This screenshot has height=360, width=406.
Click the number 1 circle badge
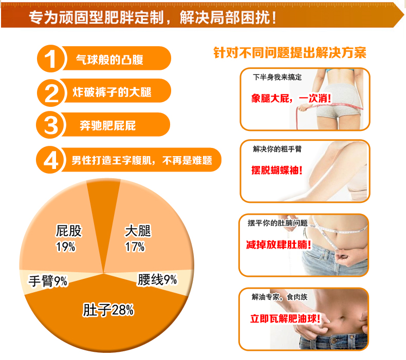tap(51, 59)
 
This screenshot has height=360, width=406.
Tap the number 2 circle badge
tap(51, 93)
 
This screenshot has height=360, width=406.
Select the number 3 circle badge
tap(50, 125)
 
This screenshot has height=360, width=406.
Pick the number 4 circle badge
tap(50, 160)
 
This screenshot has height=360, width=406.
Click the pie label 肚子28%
tap(108, 310)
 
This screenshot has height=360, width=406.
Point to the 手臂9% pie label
tap(48, 281)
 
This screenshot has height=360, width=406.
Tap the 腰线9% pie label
tap(157, 280)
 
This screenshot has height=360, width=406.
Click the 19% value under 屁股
tap(65, 247)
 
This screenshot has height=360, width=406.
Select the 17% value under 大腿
tap(135, 247)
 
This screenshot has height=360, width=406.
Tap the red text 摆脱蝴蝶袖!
tap(277, 170)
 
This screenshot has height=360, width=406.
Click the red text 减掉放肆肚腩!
tap(279, 244)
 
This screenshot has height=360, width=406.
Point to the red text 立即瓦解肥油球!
tap(285, 318)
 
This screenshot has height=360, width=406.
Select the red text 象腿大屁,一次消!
tap(291, 99)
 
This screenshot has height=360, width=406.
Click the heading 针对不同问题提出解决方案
tap(290, 53)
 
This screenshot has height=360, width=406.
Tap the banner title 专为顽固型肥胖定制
tap(96, 17)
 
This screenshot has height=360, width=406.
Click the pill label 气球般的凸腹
tap(109, 60)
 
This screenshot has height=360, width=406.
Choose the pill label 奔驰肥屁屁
tap(108, 125)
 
